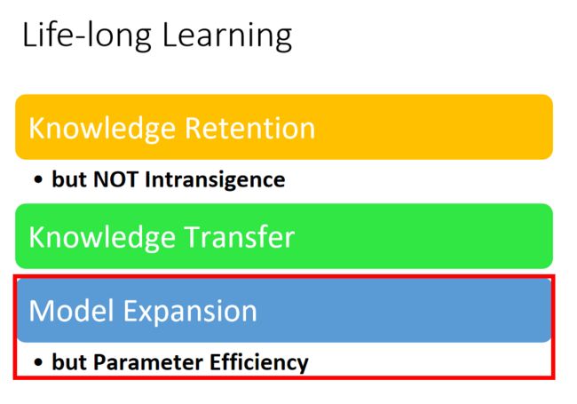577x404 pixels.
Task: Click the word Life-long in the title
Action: pos(87,36)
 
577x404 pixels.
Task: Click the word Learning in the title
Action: pos(227,36)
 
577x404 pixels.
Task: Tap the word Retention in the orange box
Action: pos(249,128)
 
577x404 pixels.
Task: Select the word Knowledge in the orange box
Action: pos(102,130)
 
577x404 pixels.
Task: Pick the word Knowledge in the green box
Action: pos(102,239)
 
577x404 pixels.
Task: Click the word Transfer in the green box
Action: pos(239,237)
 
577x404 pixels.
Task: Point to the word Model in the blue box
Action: pos(71,311)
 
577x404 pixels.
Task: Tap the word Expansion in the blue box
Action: pos(189,313)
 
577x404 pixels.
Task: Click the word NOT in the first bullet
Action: pos(115,179)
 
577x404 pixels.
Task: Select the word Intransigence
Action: pos(215,181)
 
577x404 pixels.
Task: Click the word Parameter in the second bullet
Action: pos(147,362)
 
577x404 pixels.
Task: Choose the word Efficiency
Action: pos(259,363)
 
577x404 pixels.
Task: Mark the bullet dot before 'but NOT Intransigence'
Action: pos(38,180)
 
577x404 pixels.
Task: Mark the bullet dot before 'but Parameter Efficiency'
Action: pos(38,362)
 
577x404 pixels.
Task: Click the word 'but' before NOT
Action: pos(69,179)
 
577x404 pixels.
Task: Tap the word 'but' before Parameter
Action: pos(69,361)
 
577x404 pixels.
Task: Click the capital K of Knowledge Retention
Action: pos(36,128)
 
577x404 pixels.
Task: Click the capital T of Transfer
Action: pos(192,237)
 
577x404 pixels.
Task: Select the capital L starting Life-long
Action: pos(29,35)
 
